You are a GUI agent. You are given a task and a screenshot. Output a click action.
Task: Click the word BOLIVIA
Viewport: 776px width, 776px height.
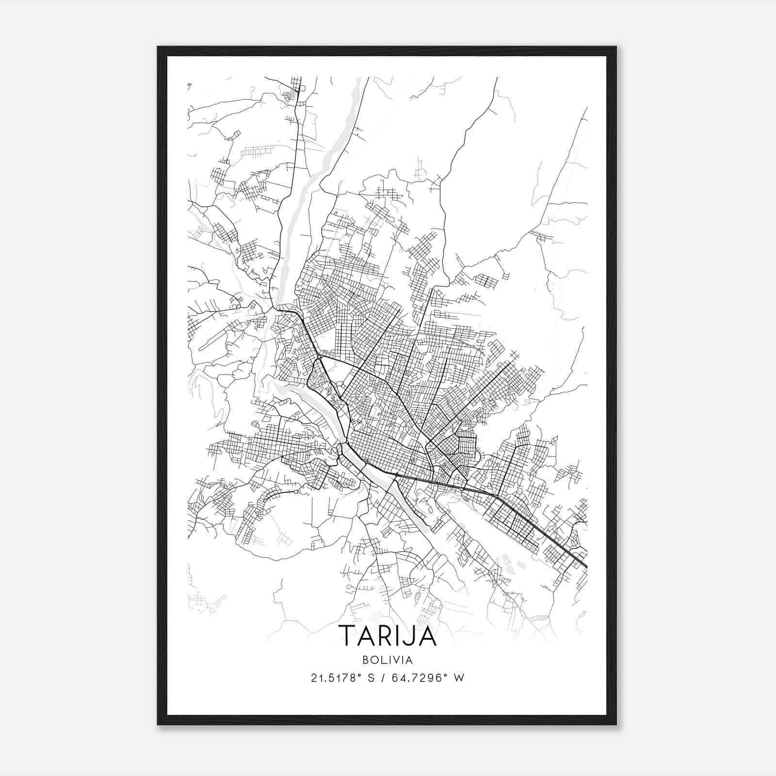coord(387,660)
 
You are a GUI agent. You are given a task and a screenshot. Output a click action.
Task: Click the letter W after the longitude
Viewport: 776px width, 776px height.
coord(458,678)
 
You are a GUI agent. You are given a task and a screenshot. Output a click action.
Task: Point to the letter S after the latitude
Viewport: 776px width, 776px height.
coord(371,678)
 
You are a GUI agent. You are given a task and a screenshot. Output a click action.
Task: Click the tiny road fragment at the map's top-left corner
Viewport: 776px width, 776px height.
coord(189,86)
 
